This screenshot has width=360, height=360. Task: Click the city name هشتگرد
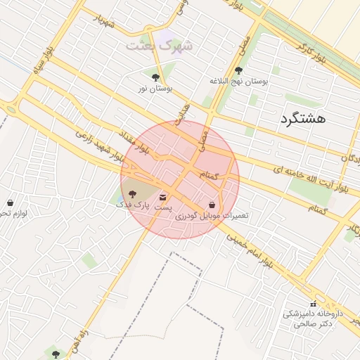tap(303, 119)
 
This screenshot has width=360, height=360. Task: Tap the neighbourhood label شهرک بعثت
tap(159, 45)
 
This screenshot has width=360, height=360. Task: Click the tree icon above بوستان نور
tap(155, 77)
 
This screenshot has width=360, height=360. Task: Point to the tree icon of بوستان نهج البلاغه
tap(239, 70)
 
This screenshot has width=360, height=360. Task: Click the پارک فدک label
tap(134, 205)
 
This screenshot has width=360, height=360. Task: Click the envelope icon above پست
tap(163, 197)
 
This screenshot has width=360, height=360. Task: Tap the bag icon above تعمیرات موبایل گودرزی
tap(212, 205)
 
